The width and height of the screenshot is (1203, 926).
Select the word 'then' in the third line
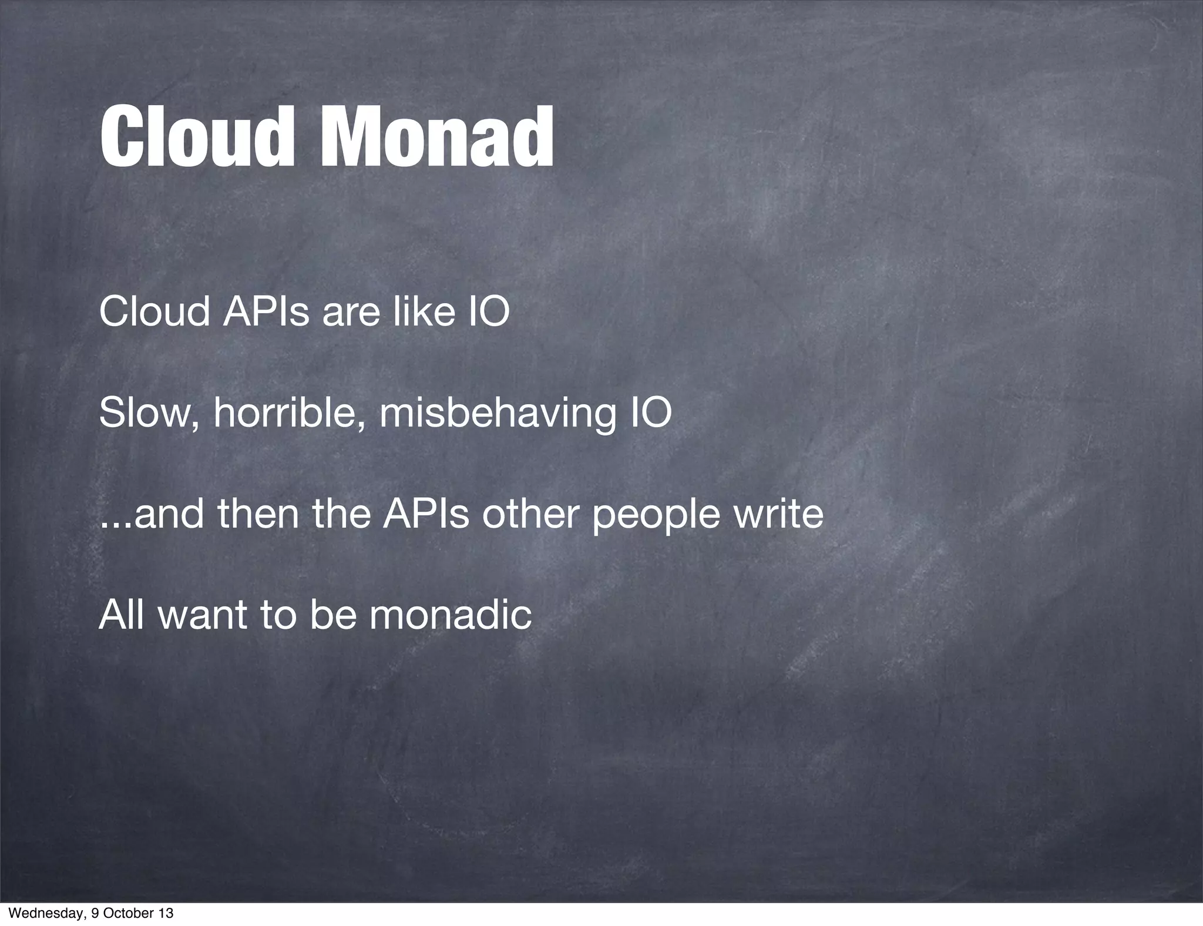pyautogui.click(x=259, y=513)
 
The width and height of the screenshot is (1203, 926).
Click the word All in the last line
pyautogui.click(x=121, y=615)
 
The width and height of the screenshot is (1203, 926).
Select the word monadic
pyautogui.click(x=451, y=615)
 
